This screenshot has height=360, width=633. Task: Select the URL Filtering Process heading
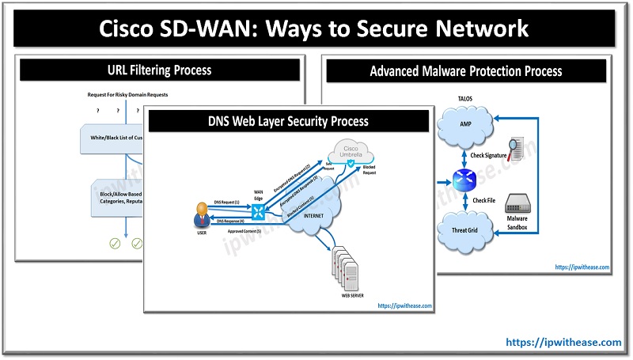158,70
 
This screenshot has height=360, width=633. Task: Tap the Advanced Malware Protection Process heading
466,70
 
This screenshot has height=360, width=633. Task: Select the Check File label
484,201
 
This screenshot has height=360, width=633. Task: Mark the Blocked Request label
369,170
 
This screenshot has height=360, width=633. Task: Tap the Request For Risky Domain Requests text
127,95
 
